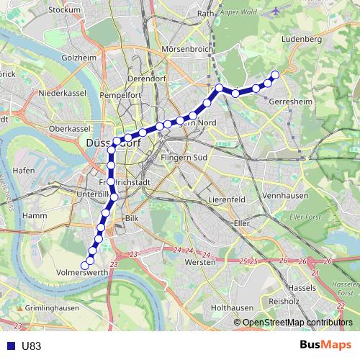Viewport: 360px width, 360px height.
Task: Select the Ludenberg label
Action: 302,39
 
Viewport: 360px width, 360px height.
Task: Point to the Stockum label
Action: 66,10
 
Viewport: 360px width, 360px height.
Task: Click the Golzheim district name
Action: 79,57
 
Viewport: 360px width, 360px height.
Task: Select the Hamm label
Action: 35,215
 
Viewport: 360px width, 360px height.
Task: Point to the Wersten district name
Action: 201,263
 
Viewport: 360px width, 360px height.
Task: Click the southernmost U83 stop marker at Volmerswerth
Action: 85,266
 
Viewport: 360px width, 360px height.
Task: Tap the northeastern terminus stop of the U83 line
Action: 274,75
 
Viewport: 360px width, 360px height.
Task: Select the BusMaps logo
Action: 326,345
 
